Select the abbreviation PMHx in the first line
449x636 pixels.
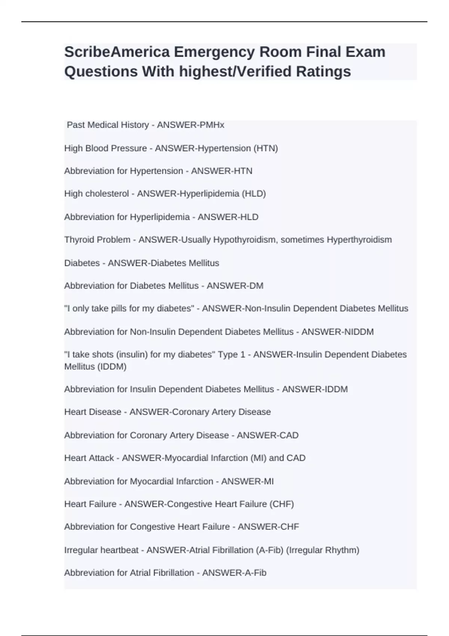click(211, 125)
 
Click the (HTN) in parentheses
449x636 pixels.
click(266, 148)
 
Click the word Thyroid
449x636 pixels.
click(79, 240)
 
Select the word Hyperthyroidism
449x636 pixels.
click(359, 240)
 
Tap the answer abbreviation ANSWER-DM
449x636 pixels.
click(235, 286)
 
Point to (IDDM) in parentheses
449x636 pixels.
click(112, 367)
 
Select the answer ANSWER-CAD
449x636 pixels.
click(268, 435)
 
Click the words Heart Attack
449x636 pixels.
click(89, 458)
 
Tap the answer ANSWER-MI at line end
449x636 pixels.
click(247, 481)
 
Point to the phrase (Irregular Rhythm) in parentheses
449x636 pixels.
click(322, 550)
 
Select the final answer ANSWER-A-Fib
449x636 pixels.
click(234, 573)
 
